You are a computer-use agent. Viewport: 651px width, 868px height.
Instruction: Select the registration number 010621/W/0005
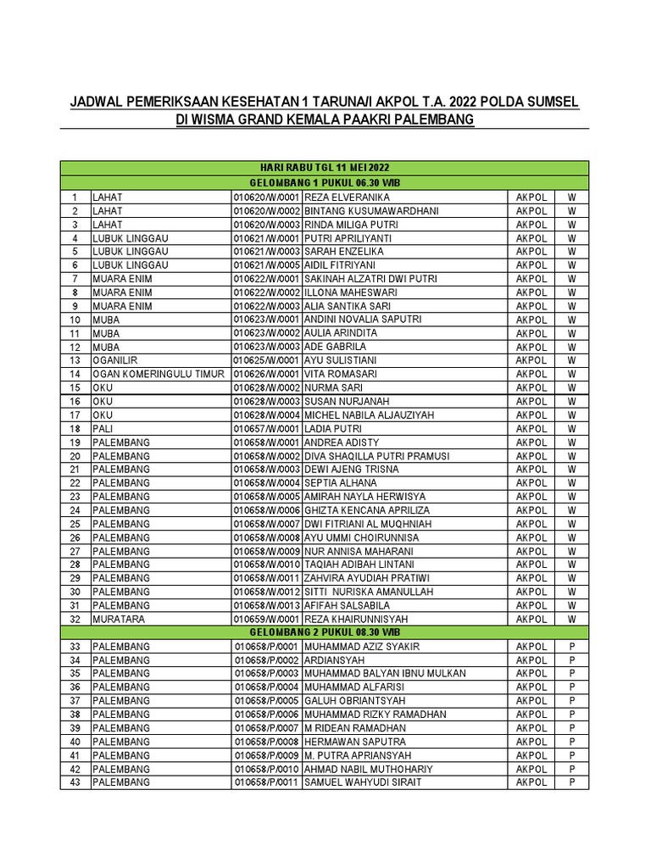(x=267, y=265)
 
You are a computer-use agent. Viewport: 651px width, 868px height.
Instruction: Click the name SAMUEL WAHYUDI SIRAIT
(x=362, y=782)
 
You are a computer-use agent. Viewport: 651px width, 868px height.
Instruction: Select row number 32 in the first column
(x=75, y=619)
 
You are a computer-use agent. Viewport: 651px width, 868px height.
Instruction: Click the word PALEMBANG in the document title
(x=427, y=120)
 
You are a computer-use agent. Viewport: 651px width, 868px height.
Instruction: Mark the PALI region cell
(x=103, y=428)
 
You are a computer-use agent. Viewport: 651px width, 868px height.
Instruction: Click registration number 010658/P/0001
(x=267, y=647)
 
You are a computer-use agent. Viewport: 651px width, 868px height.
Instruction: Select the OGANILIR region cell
(x=117, y=360)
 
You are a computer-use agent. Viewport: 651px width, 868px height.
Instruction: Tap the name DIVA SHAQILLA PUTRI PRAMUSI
(x=376, y=456)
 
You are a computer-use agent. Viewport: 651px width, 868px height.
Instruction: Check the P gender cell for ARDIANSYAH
(x=572, y=660)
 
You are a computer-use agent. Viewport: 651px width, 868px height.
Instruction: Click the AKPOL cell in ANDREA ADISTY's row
(x=531, y=442)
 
